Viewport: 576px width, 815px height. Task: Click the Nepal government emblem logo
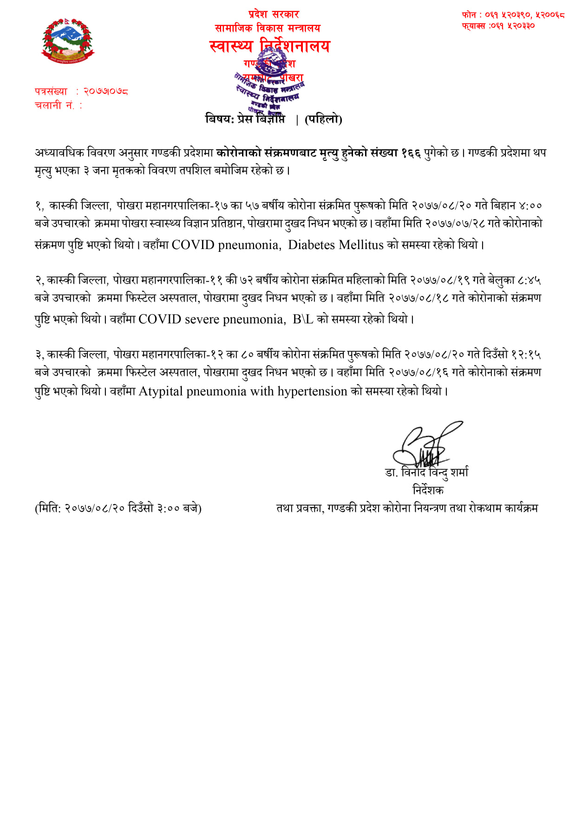(68, 41)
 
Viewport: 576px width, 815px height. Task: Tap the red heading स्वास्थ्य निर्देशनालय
(269, 46)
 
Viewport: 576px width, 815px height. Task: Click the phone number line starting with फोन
(513, 15)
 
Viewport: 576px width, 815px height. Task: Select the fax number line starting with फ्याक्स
(498, 26)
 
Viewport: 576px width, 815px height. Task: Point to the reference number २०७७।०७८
(105, 92)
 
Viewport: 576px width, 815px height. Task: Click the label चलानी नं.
(55, 105)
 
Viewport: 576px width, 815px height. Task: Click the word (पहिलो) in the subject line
(323, 119)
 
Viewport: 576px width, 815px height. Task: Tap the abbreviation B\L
(303, 319)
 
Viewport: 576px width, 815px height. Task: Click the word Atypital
(161, 391)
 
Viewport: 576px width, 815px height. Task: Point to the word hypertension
(312, 391)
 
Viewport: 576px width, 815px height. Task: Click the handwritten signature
(425, 444)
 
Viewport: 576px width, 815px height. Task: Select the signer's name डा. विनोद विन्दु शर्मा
(426, 473)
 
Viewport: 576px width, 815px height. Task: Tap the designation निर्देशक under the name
(428, 490)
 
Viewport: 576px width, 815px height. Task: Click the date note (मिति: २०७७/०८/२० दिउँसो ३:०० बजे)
(118, 508)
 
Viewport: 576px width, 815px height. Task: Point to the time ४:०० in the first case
(530, 205)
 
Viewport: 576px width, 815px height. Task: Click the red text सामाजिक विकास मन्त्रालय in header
(268, 28)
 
